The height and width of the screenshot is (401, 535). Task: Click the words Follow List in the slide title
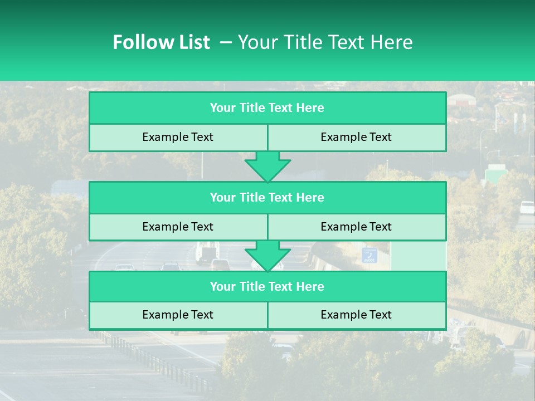point(161,42)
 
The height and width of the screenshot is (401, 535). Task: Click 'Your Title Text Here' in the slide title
point(325,42)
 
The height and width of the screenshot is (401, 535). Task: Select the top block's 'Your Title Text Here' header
point(267,108)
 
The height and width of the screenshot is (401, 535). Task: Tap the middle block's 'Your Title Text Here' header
point(267,197)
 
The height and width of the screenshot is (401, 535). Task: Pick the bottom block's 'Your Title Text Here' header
point(267,286)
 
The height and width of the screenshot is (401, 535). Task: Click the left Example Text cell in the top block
point(178,137)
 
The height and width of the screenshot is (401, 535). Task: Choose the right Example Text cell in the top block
point(356,137)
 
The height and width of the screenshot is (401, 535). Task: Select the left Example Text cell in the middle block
point(178,227)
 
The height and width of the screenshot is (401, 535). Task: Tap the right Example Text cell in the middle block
point(356,227)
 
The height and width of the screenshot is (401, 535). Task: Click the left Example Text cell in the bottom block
point(178,315)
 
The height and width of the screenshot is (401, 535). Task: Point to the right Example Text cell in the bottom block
point(356,315)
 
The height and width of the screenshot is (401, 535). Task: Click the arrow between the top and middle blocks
point(267,166)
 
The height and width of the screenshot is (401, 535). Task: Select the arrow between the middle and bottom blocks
point(267,256)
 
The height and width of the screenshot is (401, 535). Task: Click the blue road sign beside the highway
point(369,255)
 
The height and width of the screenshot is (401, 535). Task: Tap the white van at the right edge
point(527,207)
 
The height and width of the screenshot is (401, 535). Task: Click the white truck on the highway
point(207,252)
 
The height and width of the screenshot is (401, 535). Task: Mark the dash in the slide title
point(226,42)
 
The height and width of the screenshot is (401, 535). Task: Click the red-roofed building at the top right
point(461,100)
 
